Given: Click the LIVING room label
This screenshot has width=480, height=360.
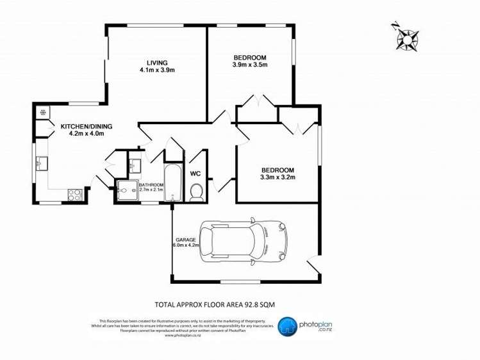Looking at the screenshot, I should (x=156, y=62).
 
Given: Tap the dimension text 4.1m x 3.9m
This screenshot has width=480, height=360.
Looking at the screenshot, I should (x=157, y=70).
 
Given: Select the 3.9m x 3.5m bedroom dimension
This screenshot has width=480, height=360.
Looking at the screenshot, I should (x=249, y=65).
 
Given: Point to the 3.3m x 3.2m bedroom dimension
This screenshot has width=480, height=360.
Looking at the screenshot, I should (x=277, y=177).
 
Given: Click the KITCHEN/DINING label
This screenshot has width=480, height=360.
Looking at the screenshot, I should (x=86, y=127).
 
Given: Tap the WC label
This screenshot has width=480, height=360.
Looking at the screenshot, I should (x=196, y=174).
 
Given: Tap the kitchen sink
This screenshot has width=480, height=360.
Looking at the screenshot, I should (x=42, y=164).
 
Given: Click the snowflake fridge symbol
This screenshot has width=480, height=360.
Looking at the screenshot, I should (x=44, y=113).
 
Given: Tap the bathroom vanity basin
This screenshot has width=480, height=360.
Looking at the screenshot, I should (x=134, y=166).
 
